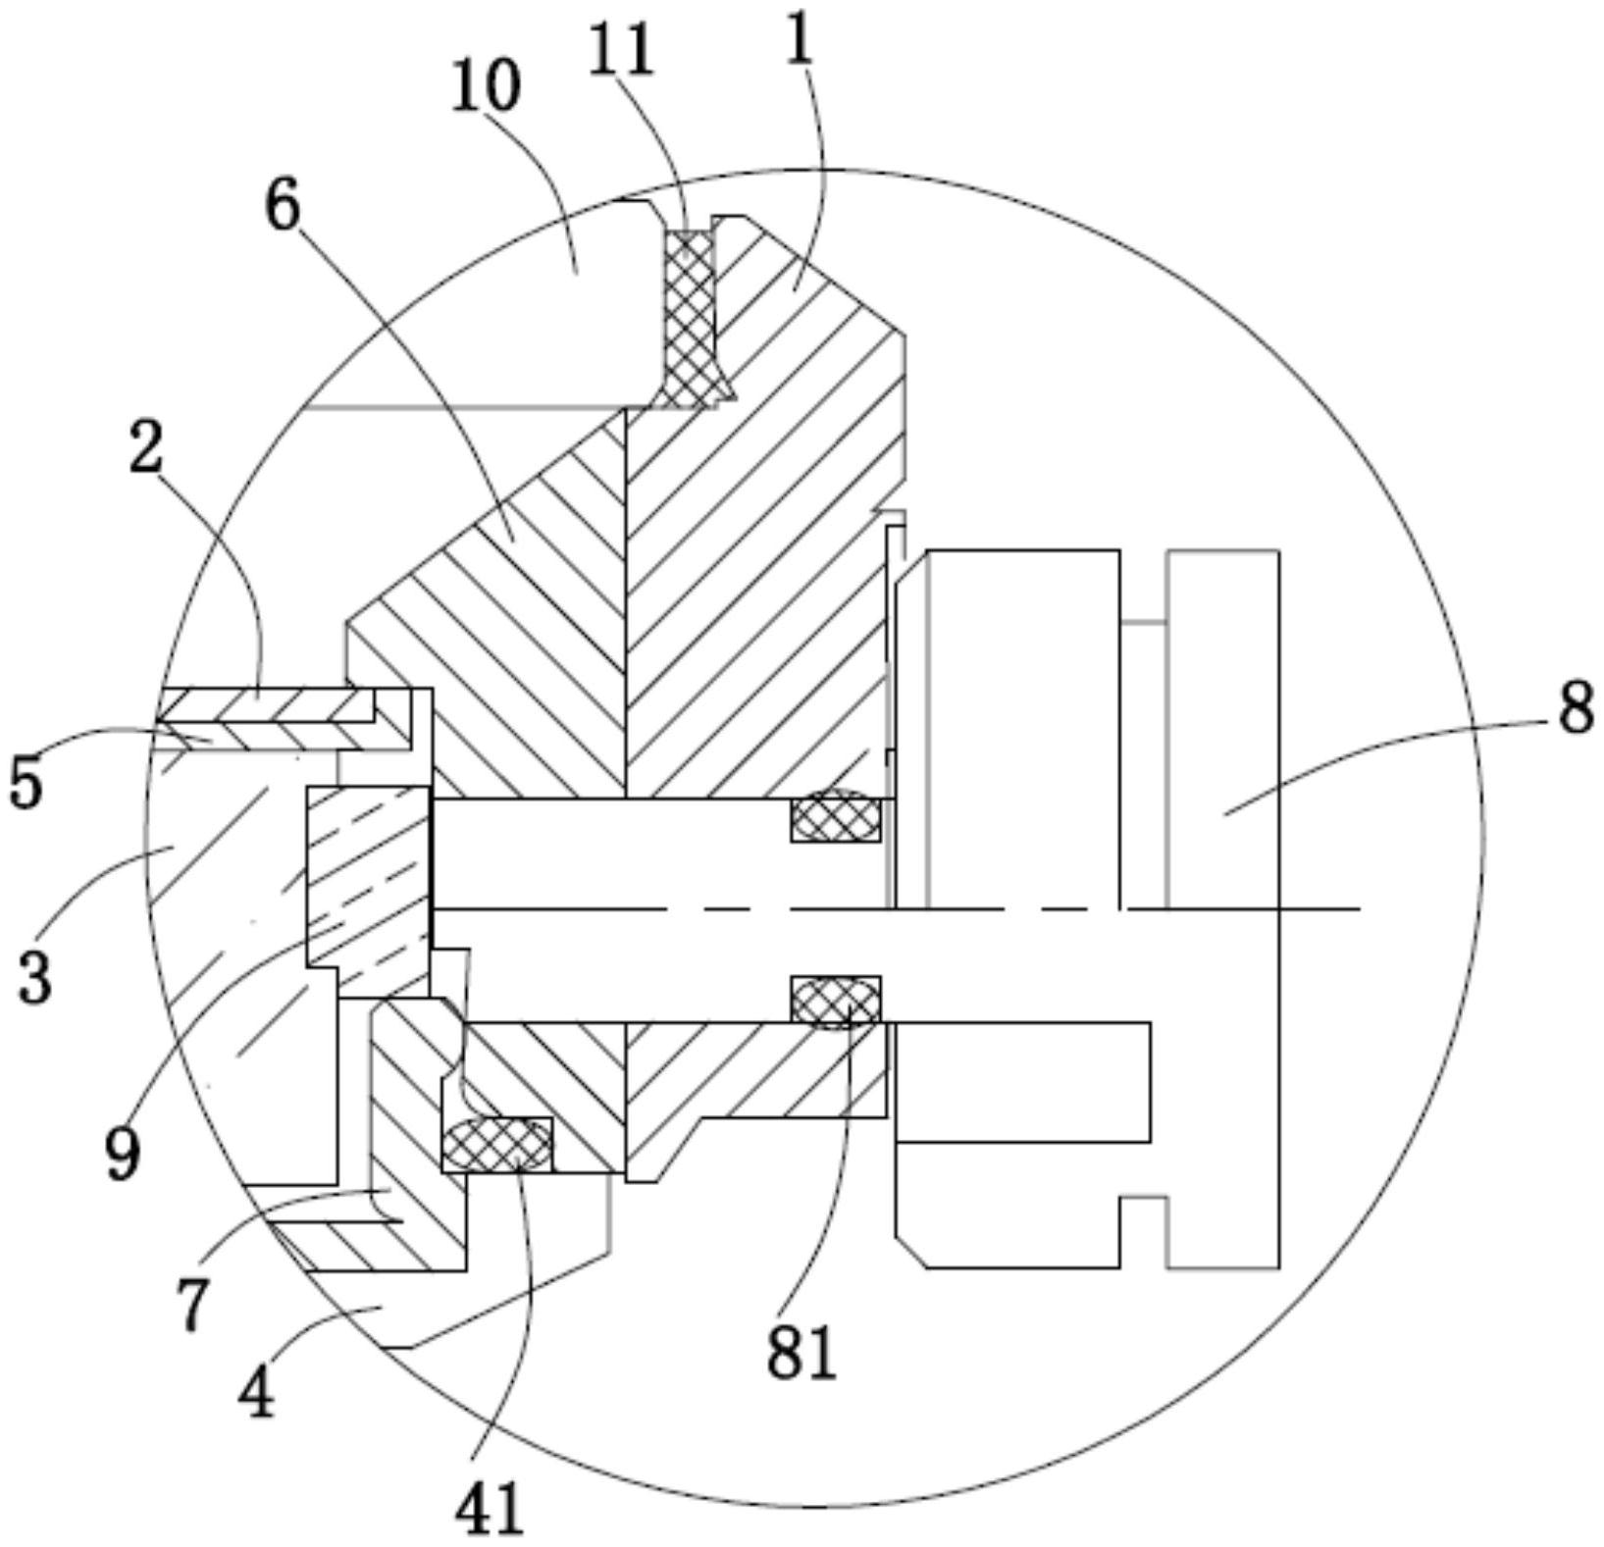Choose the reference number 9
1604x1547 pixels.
[x=122, y=1154]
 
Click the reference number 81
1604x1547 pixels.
[x=801, y=1352]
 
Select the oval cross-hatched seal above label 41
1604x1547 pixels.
[x=496, y=1145]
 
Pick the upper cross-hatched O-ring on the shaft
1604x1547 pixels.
[x=836, y=815]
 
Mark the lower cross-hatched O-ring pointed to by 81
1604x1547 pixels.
[x=836, y=1002]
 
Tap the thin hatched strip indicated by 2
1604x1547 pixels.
[x=265, y=704]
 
